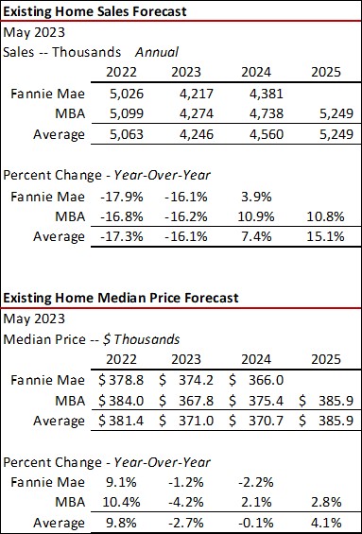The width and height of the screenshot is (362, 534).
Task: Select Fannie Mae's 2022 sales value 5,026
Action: [x=119, y=94]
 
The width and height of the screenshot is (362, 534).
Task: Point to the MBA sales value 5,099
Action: [x=119, y=113]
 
